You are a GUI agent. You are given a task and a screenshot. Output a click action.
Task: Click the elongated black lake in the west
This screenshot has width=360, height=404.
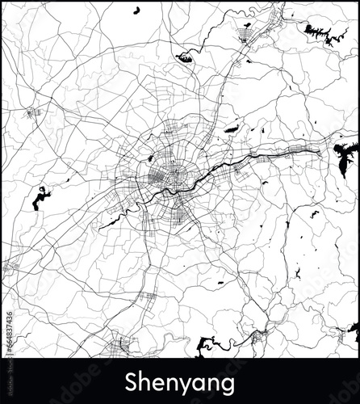[x=39, y=198]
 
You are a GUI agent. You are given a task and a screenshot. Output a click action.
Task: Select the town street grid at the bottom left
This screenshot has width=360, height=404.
[x=121, y=343]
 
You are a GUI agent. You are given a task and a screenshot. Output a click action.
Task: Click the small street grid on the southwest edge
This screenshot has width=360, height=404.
[x=12, y=267]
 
